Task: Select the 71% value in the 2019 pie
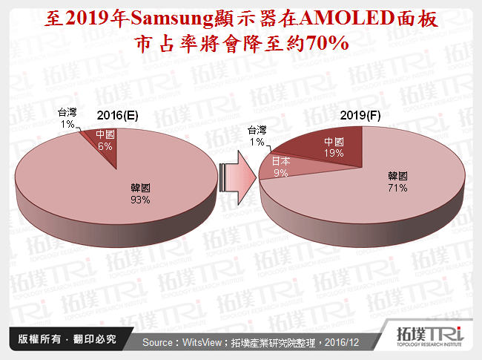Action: [x=397, y=188]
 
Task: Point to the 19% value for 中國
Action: [x=333, y=153]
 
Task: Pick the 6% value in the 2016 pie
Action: [x=104, y=146]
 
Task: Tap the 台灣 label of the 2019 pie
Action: [x=257, y=131]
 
